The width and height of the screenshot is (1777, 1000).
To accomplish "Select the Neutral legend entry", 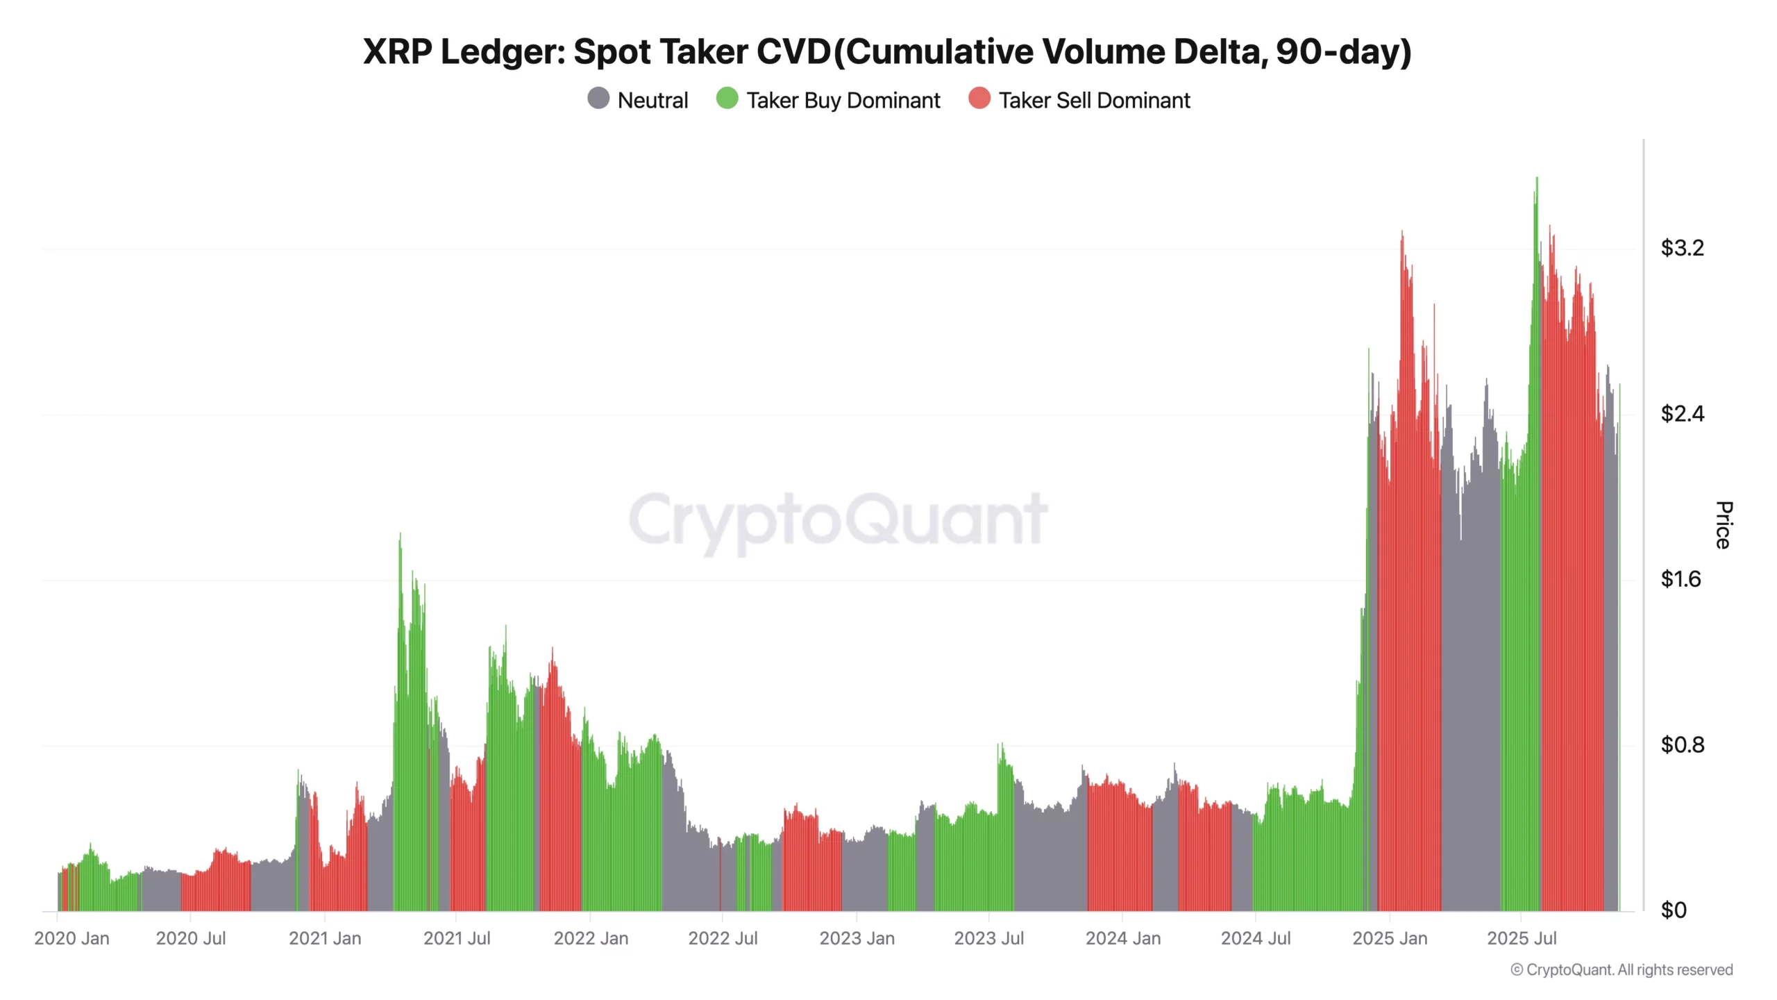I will [x=637, y=100].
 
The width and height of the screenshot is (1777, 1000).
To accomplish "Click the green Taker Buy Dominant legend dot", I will [x=727, y=99].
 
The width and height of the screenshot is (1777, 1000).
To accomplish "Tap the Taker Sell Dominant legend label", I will [x=1094, y=101].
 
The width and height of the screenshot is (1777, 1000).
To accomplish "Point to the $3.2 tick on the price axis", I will [x=1681, y=248].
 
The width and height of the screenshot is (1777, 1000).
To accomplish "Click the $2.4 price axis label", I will [x=1681, y=414].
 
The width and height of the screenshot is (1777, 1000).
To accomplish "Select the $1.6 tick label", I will [x=1680, y=579].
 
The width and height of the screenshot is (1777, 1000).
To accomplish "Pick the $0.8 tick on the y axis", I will [x=1681, y=745].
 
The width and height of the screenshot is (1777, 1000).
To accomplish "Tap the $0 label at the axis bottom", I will [x=1673, y=910].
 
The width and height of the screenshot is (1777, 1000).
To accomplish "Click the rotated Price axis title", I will [x=1724, y=525].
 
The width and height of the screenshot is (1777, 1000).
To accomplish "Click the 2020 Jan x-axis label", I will [x=71, y=939].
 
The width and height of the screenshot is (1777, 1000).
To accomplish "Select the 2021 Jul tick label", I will [x=457, y=939].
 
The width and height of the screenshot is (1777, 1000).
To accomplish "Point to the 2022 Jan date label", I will [x=591, y=939].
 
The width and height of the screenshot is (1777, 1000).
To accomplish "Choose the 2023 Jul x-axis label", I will [x=988, y=939].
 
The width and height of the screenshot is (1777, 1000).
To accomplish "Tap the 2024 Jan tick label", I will [x=1122, y=939].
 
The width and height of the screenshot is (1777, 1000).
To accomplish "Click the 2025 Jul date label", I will [x=1522, y=939].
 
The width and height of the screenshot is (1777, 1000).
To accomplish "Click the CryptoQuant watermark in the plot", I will [x=838, y=519].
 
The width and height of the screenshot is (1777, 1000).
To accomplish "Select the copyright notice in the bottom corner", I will [x=1622, y=970].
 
